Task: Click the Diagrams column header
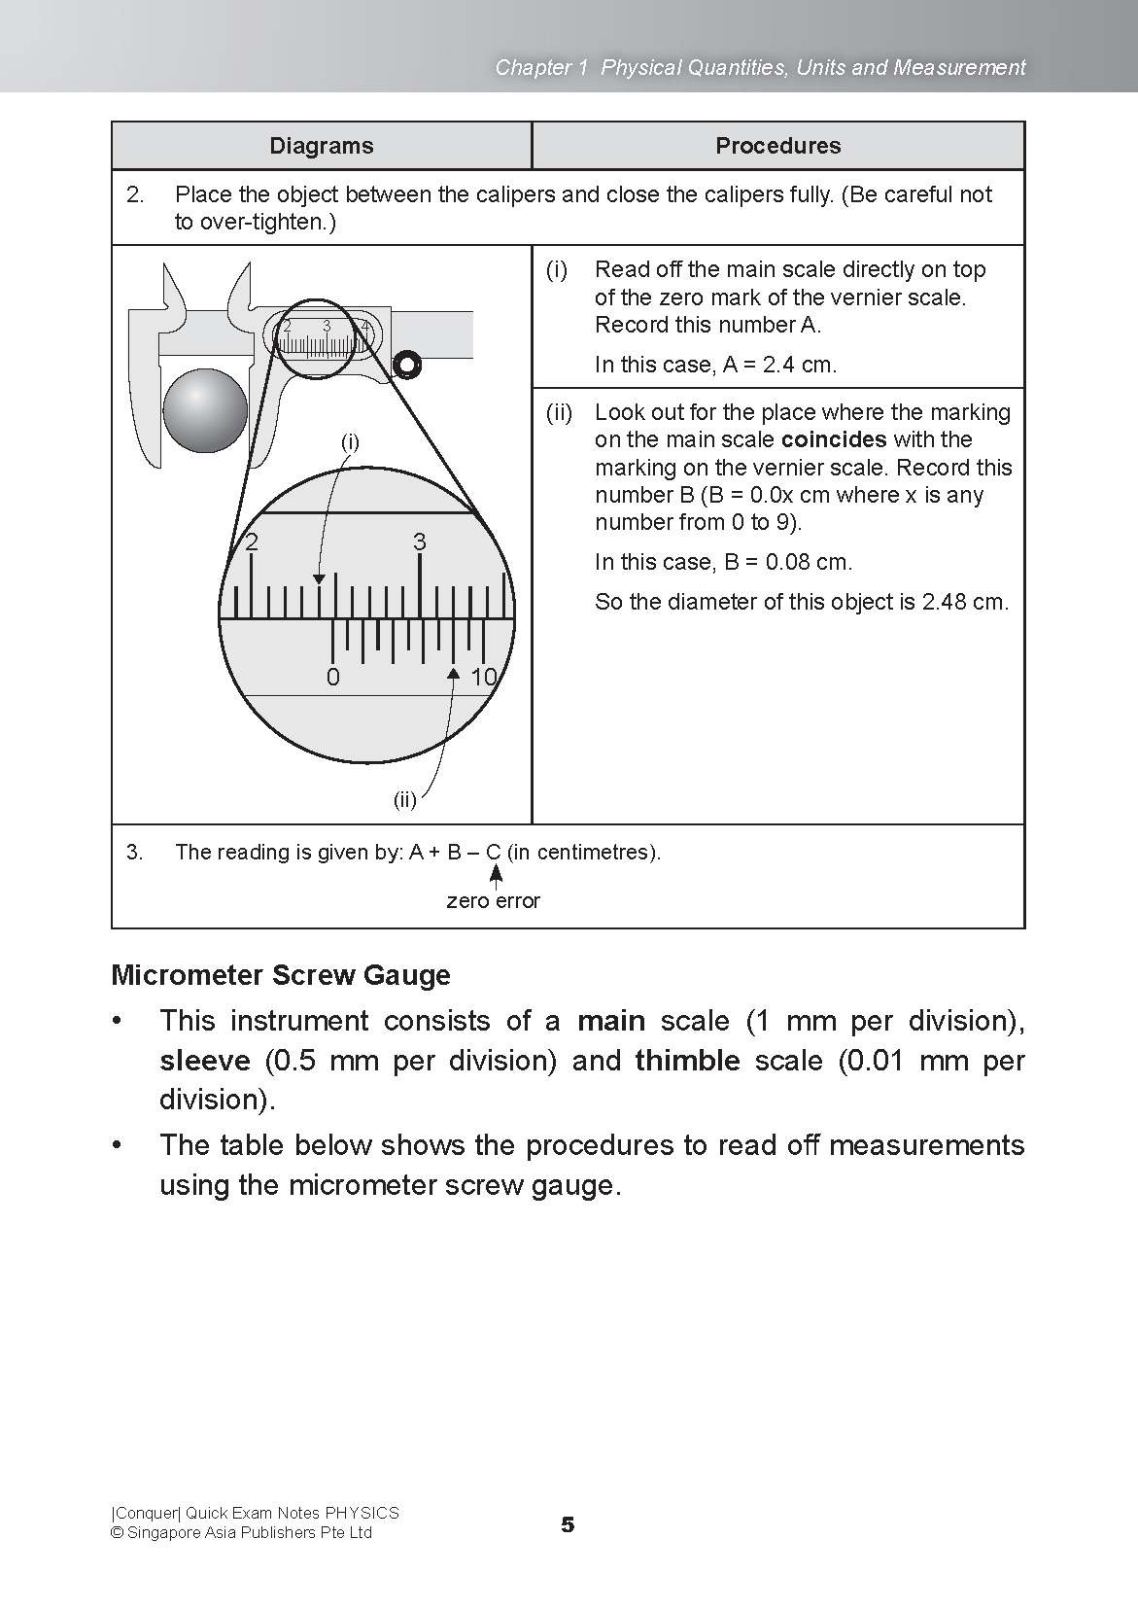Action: pyautogui.click(x=321, y=146)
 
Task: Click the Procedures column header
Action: pyautogui.click(x=777, y=146)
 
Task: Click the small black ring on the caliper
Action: pyautogui.click(x=406, y=365)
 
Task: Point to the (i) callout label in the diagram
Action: pyautogui.click(x=350, y=442)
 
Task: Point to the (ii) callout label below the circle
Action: pyautogui.click(x=404, y=800)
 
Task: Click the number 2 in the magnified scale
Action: pyautogui.click(x=252, y=542)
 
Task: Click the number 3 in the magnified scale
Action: pyautogui.click(x=420, y=542)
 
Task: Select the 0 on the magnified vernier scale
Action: pyautogui.click(x=333, y=678)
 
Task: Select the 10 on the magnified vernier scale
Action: pyautogui.click(x=483, y=678)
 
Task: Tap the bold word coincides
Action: pyautogui.click(x=834, y=439)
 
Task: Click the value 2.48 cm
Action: pyautogui.click(x=962, y=602)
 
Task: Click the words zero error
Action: pyautogui.click(x=493, y=901)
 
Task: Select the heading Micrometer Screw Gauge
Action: pyautogui.click(x=281, y=975)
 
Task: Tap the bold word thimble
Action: pyautogui.click(x=687, y=1061)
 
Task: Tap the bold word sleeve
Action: pyautogui.click(x=204, y=1061)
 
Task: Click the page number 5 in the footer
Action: pyautogui.click(x=568, y=1524)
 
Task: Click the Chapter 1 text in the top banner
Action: pyautogui.click(x=541, y=67)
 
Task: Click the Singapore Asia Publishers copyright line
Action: pyautogui.click(x=241, y=1533)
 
